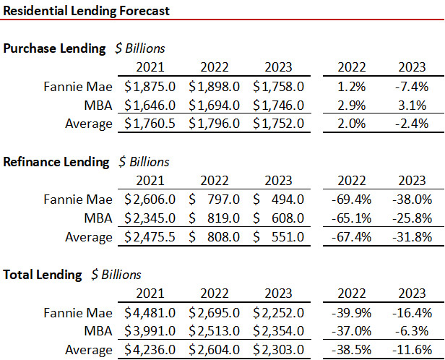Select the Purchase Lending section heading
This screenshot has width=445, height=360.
coord(55,48)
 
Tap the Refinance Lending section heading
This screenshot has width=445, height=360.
coord(56,161)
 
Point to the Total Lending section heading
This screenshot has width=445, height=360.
coord(43,274)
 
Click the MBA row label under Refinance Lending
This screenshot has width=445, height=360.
coord(99,218)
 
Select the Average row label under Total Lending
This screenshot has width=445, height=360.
coord(90,350)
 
